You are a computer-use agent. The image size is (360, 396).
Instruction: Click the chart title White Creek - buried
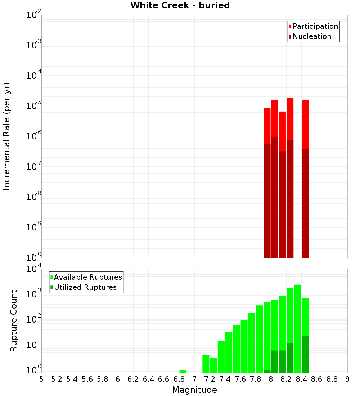(x=180, y=5)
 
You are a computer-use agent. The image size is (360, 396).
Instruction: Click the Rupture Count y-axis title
(x=14, y=320)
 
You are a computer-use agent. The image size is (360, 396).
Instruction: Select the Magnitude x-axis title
(x=194, y=390)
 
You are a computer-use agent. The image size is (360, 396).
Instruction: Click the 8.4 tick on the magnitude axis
(x=301, y=379)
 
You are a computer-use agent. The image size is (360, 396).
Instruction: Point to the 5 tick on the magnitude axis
(x=41, y=379)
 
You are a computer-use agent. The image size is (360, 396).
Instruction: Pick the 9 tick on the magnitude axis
(x=347, y=379)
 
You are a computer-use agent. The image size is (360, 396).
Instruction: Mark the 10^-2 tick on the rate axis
(x=33, y=15)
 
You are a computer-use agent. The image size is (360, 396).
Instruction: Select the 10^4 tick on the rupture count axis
(x=33, y=270)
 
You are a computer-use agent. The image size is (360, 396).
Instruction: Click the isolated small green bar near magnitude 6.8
(x=183, y=371)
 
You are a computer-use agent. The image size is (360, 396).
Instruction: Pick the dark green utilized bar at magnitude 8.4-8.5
(x=305, y=354)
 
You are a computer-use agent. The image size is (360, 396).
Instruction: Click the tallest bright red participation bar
(x=290, y=119)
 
